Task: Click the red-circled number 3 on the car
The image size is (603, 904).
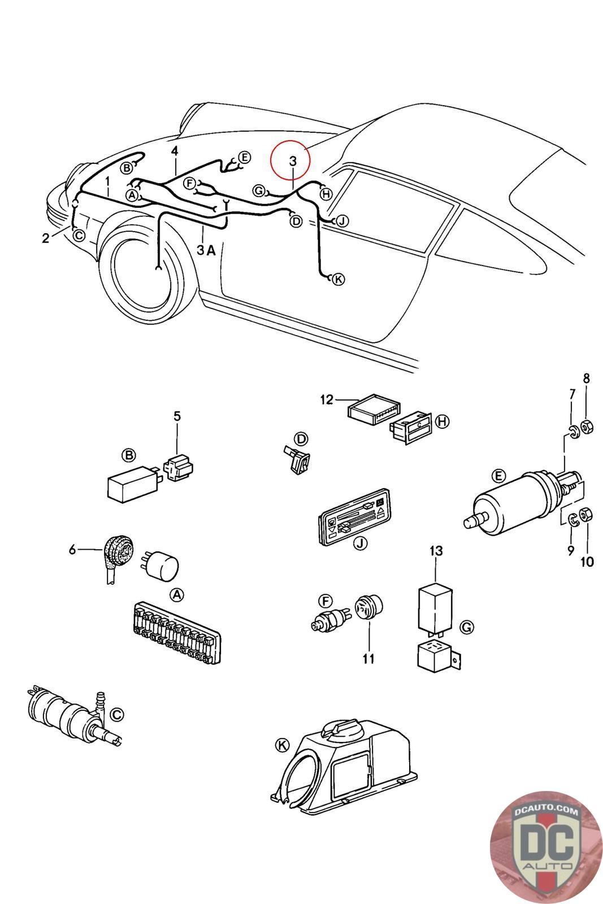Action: [x=292, y=161]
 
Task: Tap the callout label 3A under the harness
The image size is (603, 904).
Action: [x=206, y=250]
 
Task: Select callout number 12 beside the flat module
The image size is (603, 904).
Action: [x=327, y=400]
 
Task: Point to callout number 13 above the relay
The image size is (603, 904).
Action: [x=436, y=550]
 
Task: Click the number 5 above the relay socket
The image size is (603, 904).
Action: [x=177, y=417]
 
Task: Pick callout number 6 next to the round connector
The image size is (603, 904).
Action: [x=72, y=549]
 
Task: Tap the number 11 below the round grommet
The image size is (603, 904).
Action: [x=368, y=659]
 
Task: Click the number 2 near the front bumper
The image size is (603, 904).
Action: [x=46, y=238]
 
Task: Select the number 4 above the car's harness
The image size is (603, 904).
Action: [x=175, y=151]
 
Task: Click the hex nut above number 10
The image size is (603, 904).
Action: [x=586, y=515]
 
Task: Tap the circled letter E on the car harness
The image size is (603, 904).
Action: [x=244, y=157]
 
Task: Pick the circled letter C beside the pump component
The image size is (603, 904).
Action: [x=116, y=715]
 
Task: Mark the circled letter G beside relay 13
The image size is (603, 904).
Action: [x=467, y=627]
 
